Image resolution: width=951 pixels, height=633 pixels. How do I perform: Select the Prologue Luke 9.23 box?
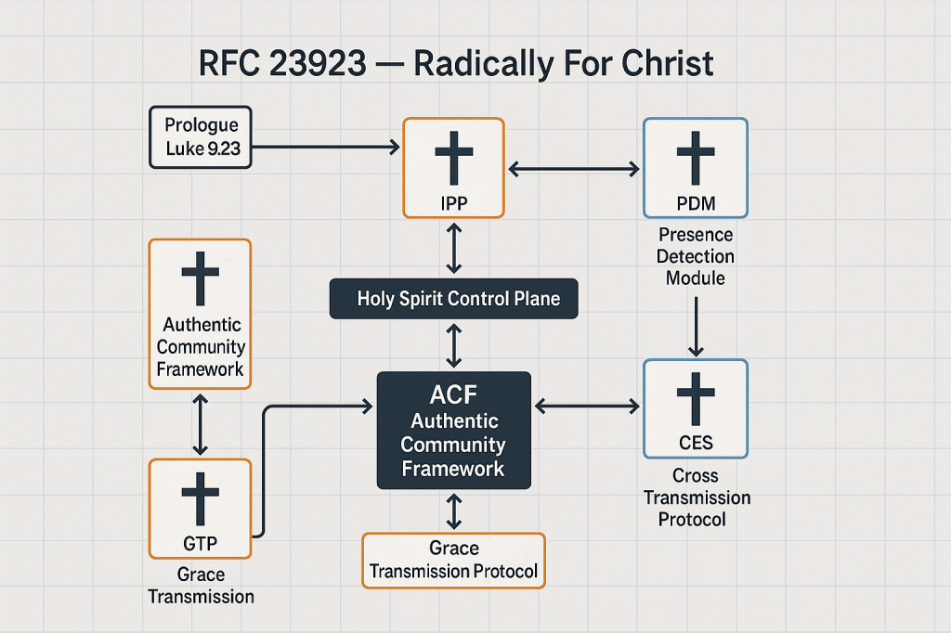pos(201,137)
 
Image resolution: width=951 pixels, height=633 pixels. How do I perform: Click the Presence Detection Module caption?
pos(696,256)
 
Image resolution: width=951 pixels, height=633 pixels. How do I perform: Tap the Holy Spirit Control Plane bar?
pos(453,300)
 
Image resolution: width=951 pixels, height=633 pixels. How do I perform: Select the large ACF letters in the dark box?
pos(453,394)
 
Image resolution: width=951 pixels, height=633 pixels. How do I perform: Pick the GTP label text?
pos(200,542)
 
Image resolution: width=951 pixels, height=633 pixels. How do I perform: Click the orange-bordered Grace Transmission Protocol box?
pos(453,560)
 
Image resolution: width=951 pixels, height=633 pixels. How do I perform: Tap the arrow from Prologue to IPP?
pos(325,147)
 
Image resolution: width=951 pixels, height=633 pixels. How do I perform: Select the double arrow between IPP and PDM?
pos(573,169)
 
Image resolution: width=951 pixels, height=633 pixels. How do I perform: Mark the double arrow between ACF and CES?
pos(587,406)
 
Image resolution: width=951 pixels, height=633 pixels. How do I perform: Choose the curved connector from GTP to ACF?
pos(267,464)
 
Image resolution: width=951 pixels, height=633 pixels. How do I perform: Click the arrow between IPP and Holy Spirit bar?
pos(453,249)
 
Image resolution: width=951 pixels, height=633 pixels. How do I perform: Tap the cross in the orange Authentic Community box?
pos(200,276)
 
